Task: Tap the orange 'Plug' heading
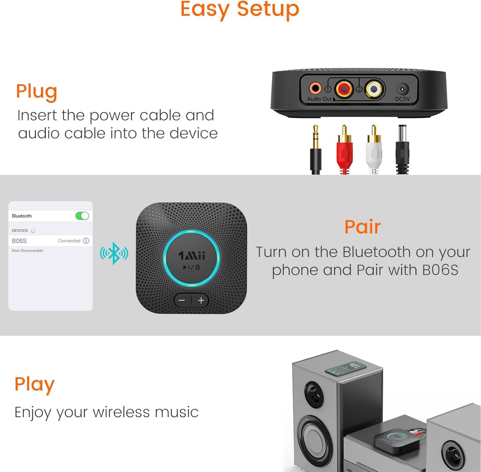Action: pyautogui.click(x=37, y=91)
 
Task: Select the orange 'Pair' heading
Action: pyautogui.click(x=362, y=227)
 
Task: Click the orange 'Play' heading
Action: pyautogui.click(x=34, y=384)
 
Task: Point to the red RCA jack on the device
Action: pyautogui.click(x=344, y=89)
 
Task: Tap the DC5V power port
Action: pyautogui.click(x=402, y=89)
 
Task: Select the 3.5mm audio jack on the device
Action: pyautogui.click(x=315, y=88)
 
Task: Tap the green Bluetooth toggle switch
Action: pyautogui.click(x=82, y=216)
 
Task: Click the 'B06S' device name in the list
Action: pyautogui.click(x=19, y=241)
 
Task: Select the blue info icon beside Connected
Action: pyautogui.click(x=86, y=240)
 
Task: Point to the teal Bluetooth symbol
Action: pyautogui.click(x=114, y=253)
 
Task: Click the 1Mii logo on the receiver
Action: pyautogui.click(x=192, y=255)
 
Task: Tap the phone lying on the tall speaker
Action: pyautogui.click(x=346, y=369)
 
